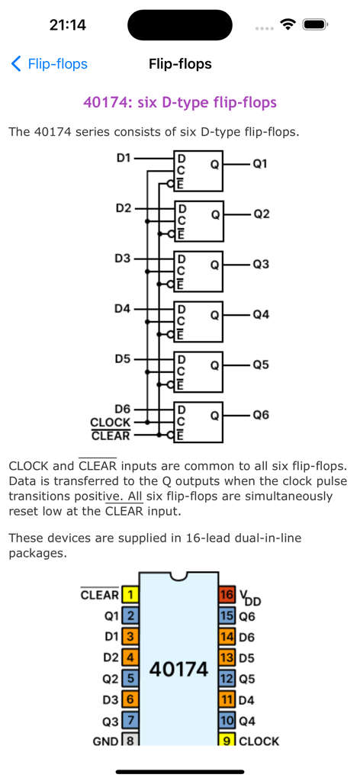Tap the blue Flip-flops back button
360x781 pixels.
[50, 64]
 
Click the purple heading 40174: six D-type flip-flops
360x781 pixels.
[179, 102]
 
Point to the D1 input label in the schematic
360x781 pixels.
[123, 158]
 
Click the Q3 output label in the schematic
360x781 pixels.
[261, 265]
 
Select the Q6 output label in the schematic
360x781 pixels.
[261, 415]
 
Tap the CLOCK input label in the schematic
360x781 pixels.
[110, 423]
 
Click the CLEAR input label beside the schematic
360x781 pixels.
[110, 436]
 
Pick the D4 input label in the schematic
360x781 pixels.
[123, 309]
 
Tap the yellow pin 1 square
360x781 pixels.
[130, 595]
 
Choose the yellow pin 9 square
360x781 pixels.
[227, 741]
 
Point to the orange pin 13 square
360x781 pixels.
[227, 657]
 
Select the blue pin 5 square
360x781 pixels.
[130, 678]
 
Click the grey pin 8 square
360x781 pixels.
[130, 741]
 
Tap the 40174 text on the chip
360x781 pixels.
[179, 670]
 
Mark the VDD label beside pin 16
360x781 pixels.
[249, 596]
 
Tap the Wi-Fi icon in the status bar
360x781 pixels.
[288, 24]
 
